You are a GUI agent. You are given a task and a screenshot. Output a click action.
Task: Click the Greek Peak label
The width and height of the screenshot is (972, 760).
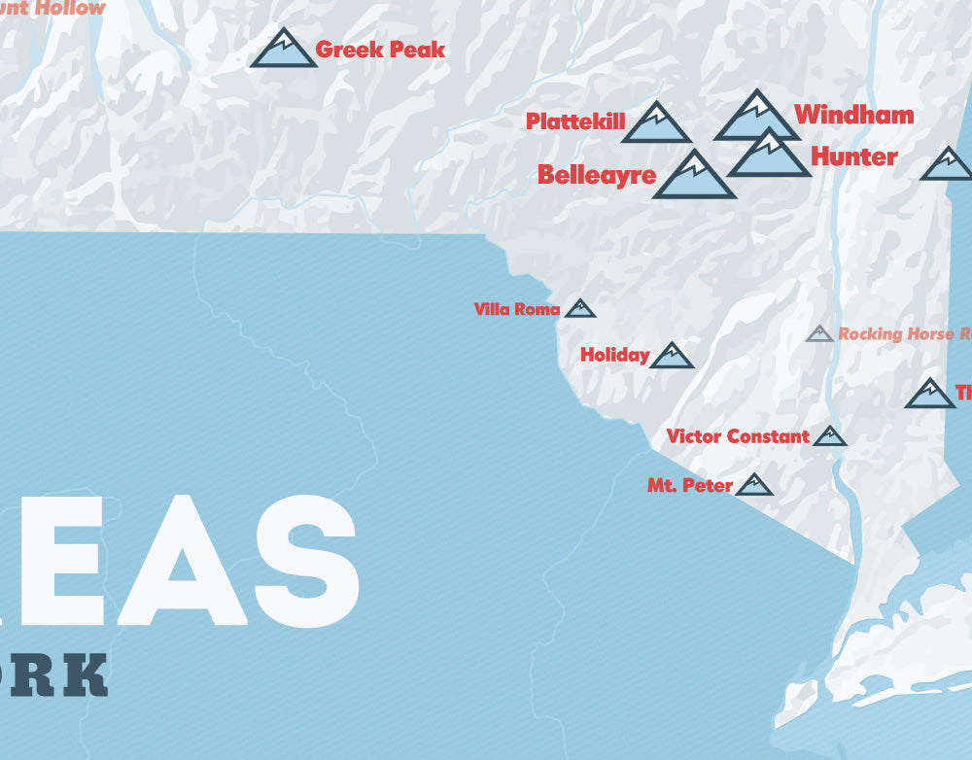381,50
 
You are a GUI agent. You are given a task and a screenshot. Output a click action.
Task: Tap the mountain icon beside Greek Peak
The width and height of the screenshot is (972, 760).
283,51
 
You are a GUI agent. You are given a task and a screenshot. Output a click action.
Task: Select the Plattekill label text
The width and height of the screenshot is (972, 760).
575,121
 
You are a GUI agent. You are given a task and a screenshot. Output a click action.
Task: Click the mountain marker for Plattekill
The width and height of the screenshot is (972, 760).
656,124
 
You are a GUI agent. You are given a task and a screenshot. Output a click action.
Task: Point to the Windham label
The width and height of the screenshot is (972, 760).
853,115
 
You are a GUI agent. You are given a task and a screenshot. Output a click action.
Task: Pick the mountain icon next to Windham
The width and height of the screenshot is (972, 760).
754,118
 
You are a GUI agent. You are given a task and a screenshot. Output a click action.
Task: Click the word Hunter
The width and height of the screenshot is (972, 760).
853,156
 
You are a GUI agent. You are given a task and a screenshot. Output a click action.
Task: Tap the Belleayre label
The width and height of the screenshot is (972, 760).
597,175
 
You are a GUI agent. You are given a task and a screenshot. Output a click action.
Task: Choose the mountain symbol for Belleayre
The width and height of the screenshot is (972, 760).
694,177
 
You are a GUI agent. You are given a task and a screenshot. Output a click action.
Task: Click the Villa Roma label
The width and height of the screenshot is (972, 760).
517,310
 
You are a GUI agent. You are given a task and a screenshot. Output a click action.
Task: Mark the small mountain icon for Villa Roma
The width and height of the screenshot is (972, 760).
580,309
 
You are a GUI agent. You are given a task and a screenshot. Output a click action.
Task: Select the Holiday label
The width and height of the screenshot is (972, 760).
614,356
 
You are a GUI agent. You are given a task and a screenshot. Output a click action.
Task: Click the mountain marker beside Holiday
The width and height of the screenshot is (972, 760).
672,357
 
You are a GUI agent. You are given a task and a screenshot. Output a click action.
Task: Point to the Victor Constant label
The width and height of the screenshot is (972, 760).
738,436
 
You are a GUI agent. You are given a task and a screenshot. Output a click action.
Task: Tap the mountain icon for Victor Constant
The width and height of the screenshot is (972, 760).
830,436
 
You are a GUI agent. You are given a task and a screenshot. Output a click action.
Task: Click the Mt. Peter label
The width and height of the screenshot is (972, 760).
689,485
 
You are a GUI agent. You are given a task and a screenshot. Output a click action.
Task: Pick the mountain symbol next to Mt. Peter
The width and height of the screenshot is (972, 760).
753,485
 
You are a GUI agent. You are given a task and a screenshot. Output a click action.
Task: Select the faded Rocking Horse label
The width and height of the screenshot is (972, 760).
904,334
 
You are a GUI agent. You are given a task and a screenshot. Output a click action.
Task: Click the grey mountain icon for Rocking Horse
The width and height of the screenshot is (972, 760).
819,334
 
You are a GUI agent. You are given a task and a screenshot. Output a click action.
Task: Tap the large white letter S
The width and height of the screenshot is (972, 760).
296,561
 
